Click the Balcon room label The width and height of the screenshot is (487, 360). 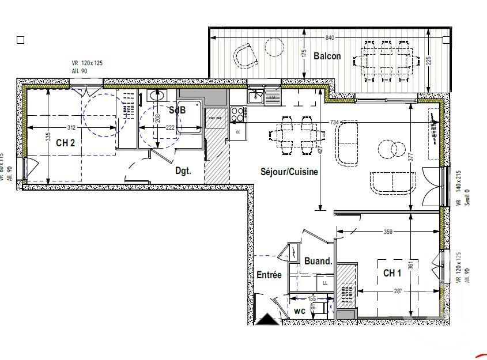point(327,56)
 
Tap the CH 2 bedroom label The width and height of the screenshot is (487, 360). point(65,143)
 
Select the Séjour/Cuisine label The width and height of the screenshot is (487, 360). point(289,172)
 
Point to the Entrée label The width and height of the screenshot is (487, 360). point(269,275)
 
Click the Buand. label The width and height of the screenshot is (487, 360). point(318,261)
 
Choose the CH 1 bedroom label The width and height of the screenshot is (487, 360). point(393,273)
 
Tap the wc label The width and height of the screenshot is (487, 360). point(299,310)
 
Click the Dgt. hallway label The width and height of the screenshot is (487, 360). point(183,170)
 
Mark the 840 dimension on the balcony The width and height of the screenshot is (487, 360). point(330,37)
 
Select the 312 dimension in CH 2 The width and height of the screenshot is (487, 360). point(71,127)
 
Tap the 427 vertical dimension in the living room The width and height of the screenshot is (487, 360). point(320,149)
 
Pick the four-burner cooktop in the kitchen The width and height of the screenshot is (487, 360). point(237,113)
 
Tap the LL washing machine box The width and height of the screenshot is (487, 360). point(324,283)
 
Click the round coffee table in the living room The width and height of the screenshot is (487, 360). point(390,150)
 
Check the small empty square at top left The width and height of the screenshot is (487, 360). point(21,40)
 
